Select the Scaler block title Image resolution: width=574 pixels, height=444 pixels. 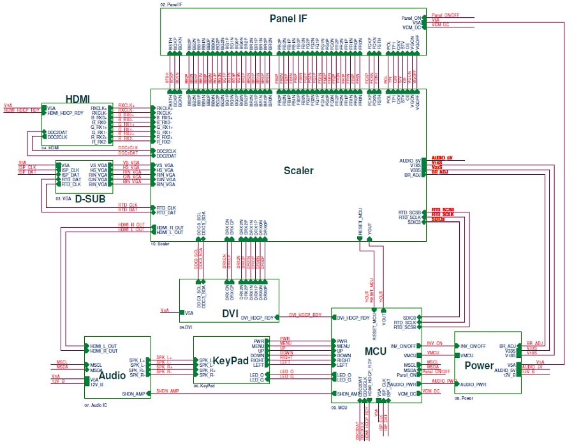click(298, 171)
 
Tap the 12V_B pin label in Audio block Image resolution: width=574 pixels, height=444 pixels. click(97, 383)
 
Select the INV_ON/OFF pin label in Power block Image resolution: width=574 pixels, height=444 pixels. click(473, 346)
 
